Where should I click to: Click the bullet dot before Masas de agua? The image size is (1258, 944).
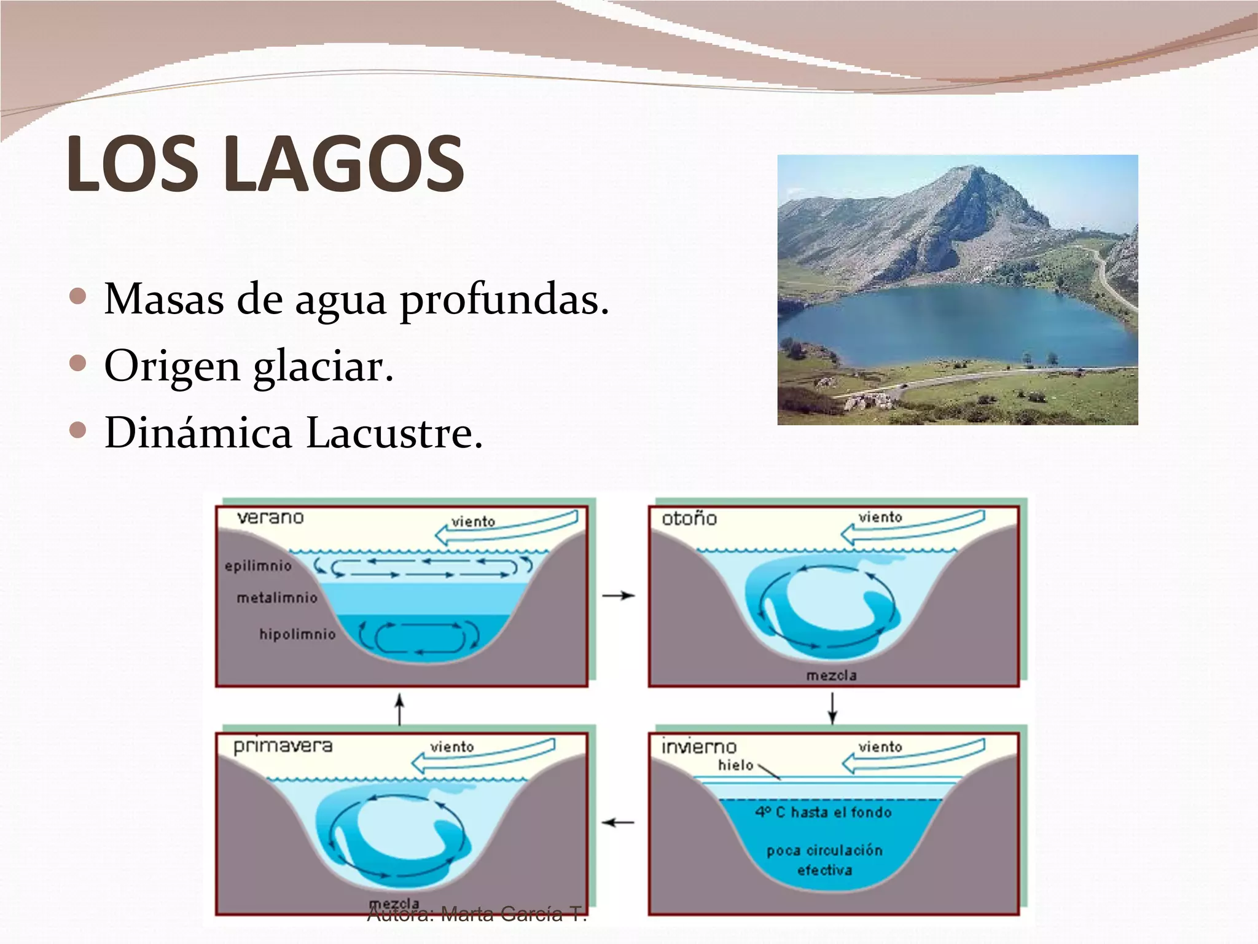(79, 297)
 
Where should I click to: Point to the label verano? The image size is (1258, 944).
(270, 517)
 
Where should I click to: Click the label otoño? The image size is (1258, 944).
(689, 519)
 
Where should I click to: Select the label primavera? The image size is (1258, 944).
(283, 746)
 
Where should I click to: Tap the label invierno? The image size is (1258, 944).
(698, 747)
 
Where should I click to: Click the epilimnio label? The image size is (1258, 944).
(258, 566)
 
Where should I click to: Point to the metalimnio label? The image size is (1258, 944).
(277, 597)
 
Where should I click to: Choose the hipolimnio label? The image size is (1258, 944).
(297, 634)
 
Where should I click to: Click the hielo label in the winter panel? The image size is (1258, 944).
(735, 765)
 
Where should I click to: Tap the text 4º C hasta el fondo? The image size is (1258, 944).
(823, 812)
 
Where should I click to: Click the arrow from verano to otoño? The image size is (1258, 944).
(618, 596)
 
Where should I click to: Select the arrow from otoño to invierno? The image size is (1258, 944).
(832, 709)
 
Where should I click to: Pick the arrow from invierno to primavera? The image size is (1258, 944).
(617, 822)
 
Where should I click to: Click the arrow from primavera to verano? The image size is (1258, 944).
(400, 709)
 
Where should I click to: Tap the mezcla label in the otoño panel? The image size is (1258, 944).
(831, 675)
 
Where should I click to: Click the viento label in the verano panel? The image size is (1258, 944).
(473, 522)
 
